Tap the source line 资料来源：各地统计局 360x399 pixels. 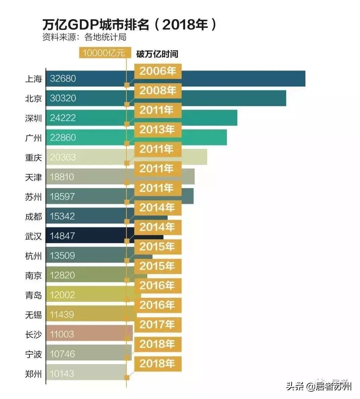point(84,37)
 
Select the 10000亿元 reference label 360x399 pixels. point(103,53)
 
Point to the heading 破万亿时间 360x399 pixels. point(157,54)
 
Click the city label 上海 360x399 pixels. point(34,79)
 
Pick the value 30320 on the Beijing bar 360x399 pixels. point(63,98)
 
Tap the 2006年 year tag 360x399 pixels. point(158,71)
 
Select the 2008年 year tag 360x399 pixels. point(158,90)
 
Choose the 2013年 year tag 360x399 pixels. point(158,129)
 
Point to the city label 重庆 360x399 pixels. point(34,157)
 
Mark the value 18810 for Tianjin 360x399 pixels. point(62,177)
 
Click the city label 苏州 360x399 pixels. point(34,197)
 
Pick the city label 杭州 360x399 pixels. point(34,256)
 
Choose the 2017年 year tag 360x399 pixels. point(158,324)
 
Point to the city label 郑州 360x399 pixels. point(34,374)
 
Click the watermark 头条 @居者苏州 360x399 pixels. point(319,387)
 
